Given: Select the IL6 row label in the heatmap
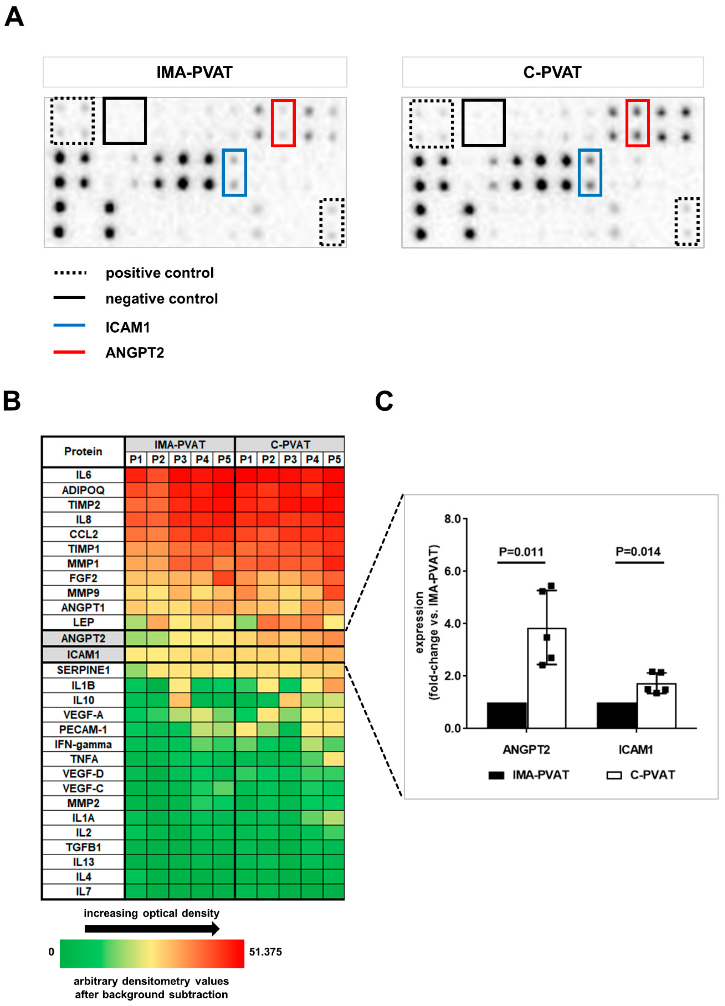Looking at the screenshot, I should [x=83, y=475].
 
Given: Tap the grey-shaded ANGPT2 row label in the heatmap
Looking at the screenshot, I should [x=83, y=638].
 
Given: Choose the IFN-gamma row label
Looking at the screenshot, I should [x=83, y=744].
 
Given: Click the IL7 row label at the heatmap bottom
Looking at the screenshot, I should [x=83, y=891].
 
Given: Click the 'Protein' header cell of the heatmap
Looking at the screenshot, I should [x=83, y=452].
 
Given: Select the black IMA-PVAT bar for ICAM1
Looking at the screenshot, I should [x=617, y=715].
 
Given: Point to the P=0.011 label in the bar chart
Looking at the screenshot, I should [x=521, y=552].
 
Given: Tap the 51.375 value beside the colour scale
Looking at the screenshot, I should [x=265, y=952].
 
